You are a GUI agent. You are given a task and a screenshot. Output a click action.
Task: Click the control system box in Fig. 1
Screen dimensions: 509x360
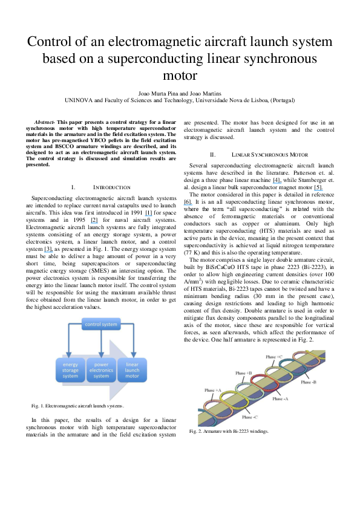pyautogui.click(x=102, y=325)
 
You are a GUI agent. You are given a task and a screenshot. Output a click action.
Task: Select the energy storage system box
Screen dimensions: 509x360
pyautogui.click(x=71, y=369)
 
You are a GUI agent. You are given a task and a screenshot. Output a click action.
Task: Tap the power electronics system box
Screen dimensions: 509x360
pyautogui.click(x=101, y=369)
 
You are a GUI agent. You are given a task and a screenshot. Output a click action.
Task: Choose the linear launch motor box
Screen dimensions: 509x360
pyautogui.click(x=132, y=369)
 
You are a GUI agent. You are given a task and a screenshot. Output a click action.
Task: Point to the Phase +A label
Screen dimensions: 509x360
pyautogui.click(x=211, y=391)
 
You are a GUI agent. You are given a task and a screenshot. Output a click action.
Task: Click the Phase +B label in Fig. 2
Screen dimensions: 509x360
pyautogui.click(x=244, y=373)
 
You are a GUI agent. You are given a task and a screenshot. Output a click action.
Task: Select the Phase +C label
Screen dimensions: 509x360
pyautogui.click(x=274, y=357)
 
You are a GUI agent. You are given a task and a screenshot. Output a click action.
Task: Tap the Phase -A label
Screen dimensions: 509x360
pyautogui.click(x=281, y=399)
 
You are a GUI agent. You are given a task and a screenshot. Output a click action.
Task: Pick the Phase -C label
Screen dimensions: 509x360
pyautogui.click(x=250, y=417)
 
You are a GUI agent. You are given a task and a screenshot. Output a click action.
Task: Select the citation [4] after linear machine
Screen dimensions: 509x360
pyautogui.click(x=277, y=180)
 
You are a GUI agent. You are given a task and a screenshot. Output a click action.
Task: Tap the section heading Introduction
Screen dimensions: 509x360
pyautogui.click(x=111, y=187)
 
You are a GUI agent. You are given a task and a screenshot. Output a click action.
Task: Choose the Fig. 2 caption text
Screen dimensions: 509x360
pyautogui.click(x=229, y=431)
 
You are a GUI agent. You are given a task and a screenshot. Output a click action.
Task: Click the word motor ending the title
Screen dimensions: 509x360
pyautogui.click(x=180, y=76)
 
